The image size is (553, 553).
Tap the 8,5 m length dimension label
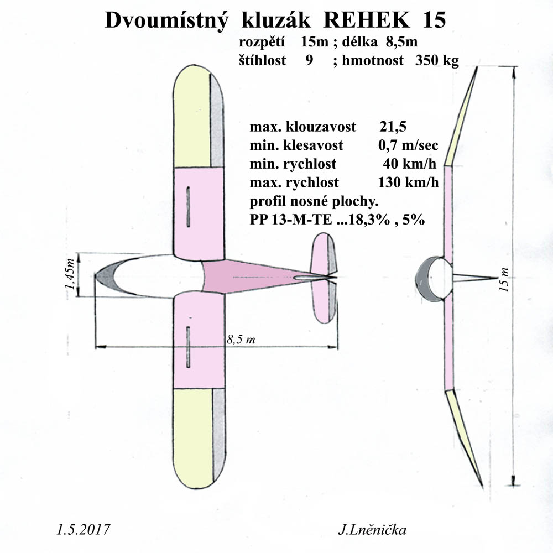241,340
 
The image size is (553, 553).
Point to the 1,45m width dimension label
70,275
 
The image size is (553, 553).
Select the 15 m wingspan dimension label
505,279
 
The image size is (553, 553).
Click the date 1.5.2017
84,530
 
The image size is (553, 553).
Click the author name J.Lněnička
372,530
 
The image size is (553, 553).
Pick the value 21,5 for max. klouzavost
393,126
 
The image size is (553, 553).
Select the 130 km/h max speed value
409,182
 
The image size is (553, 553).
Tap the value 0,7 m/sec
408,145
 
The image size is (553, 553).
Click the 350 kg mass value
437,60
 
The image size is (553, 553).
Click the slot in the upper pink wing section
189,206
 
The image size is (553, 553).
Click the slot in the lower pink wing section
189,347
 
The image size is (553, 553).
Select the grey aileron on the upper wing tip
217,121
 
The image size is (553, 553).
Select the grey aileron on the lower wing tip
219,435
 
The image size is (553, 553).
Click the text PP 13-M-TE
291,220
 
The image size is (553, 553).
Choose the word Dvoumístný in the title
166,20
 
